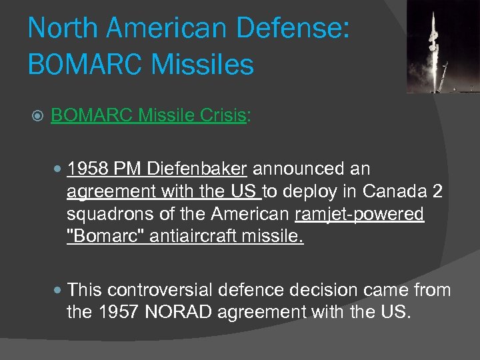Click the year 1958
click(x=88, y=169)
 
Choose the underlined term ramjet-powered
click(x=359, y=214)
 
